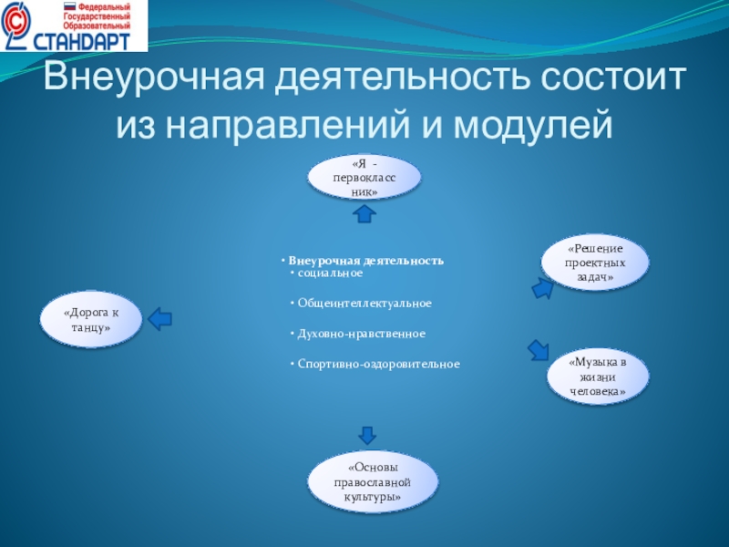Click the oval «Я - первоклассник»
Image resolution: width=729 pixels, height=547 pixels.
(364, 177)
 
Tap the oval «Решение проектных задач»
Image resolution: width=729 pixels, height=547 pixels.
(596, 262)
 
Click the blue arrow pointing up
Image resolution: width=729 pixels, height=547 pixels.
(364, 213)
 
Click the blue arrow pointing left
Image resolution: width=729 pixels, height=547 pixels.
(159, 318)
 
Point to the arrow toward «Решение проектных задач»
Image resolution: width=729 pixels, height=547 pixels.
(541, 288)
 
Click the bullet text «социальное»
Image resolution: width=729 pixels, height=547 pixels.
(330, 273)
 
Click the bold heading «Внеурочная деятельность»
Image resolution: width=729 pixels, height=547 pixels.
(365, 261)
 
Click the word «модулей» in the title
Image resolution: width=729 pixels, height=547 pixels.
(528, 121)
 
